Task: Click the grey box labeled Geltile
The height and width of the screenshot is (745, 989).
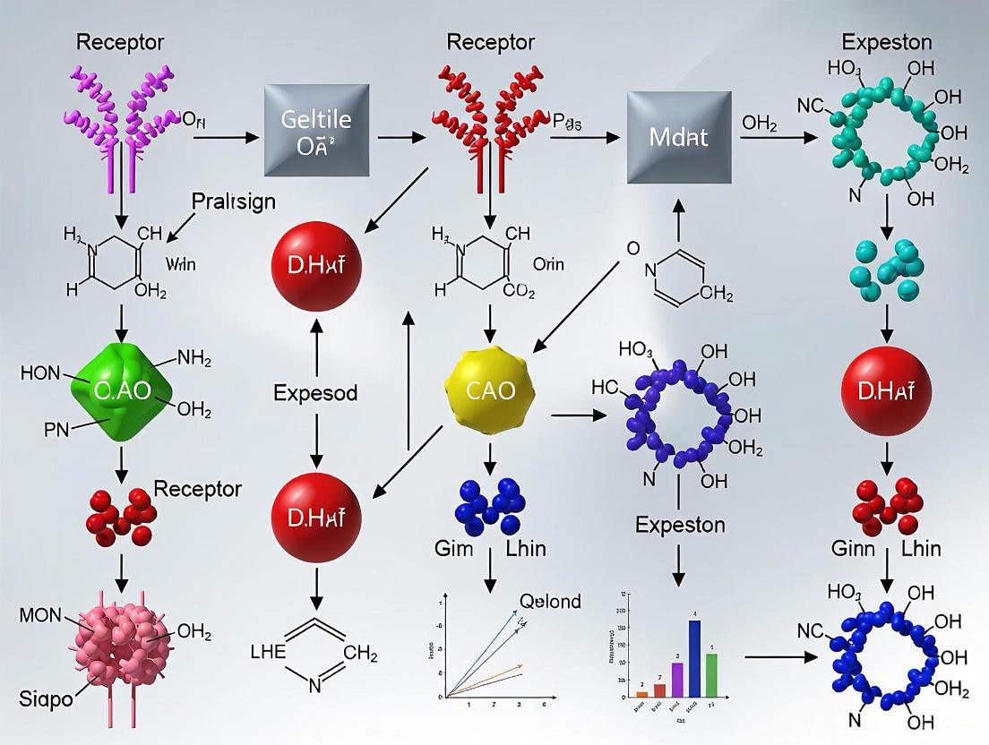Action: click(316, 130)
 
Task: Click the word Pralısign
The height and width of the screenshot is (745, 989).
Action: click(234, 201)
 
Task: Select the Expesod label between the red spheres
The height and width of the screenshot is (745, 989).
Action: click(315, 392)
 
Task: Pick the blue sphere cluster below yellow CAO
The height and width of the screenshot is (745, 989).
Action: click(490, 501)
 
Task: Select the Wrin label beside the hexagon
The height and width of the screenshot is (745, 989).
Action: click(180, 264)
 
